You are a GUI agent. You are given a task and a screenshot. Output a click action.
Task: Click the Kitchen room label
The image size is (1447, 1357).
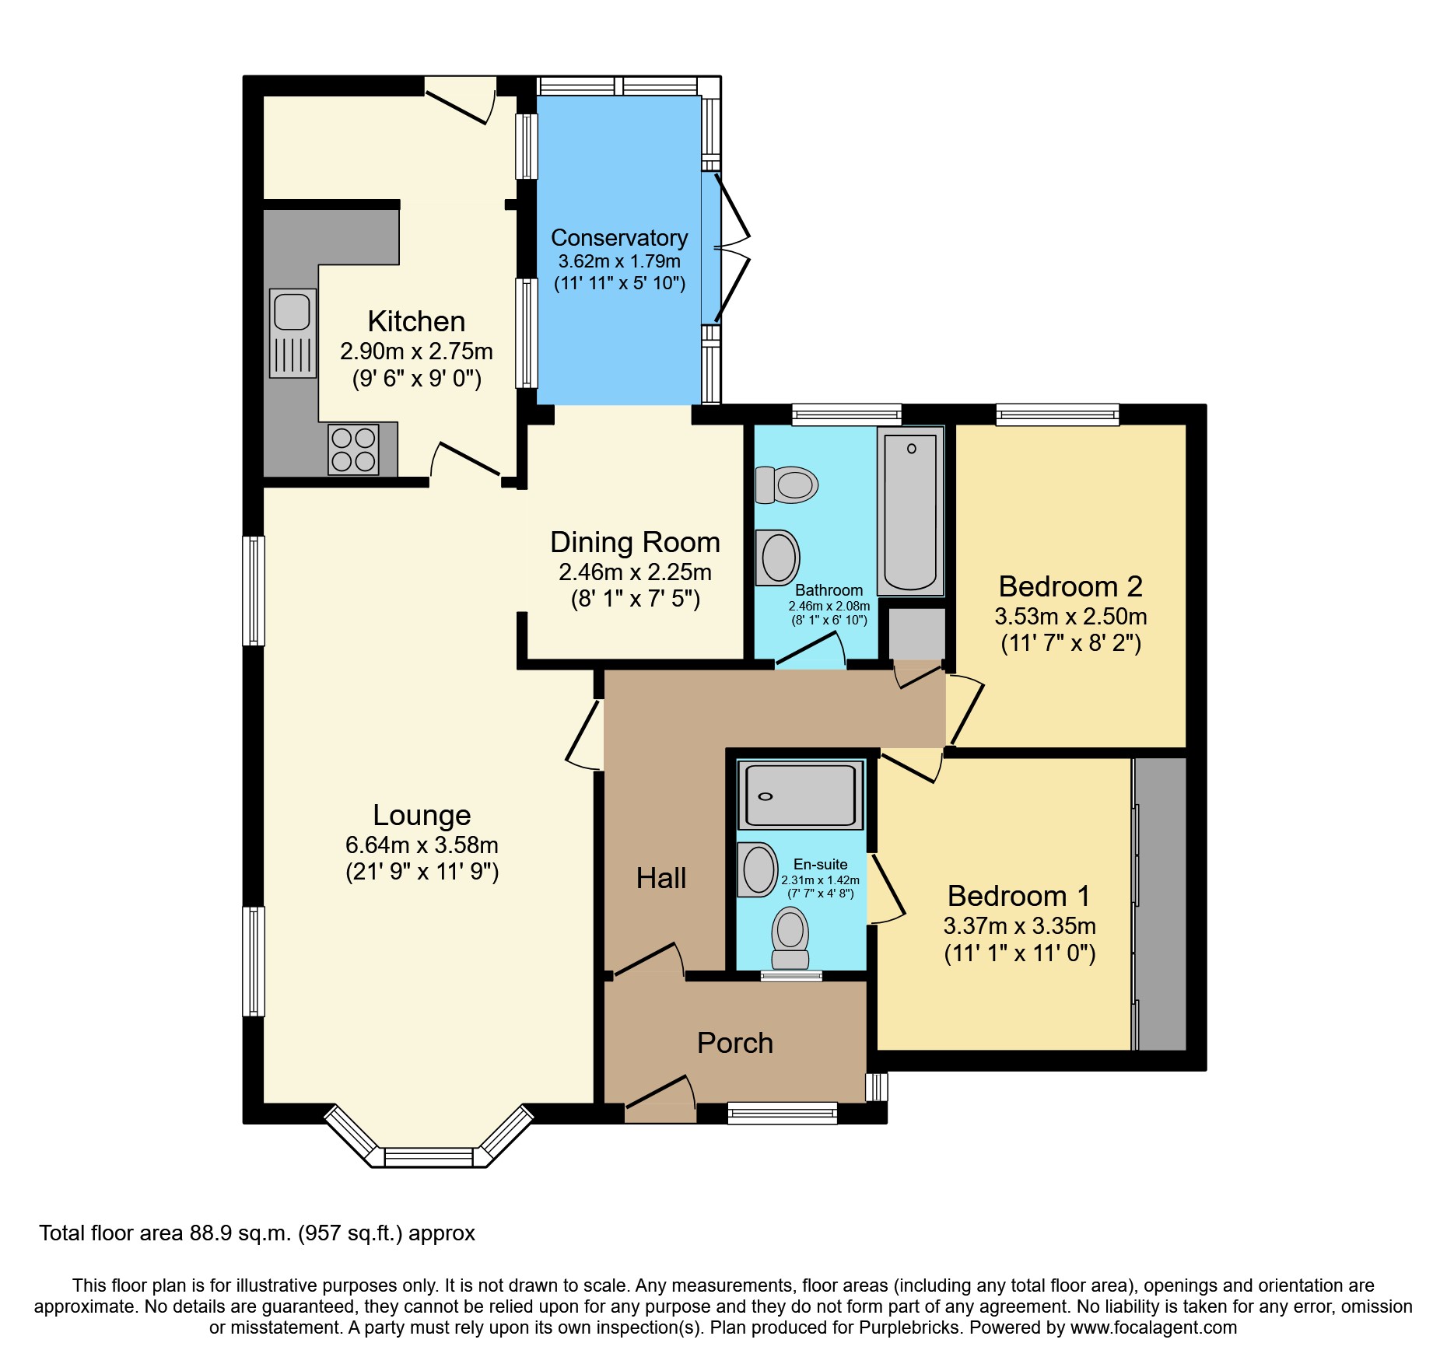[416, 321]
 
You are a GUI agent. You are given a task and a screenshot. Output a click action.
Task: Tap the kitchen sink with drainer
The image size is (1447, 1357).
[293, 333]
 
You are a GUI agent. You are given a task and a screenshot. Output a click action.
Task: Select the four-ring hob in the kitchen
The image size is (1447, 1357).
[353, 449]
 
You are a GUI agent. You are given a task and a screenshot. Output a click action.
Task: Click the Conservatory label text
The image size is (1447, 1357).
[619, 238]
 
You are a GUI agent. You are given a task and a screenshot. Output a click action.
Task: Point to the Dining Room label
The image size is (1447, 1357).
[635, 542]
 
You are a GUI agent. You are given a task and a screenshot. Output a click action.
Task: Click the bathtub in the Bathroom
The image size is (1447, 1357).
[910, 510]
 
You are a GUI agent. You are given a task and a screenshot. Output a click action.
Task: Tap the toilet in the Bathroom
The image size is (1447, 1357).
[787, 484]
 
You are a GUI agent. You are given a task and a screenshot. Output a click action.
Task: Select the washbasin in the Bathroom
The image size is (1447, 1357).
[778, 558]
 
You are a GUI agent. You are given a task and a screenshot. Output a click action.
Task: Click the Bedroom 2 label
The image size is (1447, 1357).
[1070, 586]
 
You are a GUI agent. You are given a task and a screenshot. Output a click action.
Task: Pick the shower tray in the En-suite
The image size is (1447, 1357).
[801, 795]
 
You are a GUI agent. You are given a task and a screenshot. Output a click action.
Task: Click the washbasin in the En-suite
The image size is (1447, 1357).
[758, 869]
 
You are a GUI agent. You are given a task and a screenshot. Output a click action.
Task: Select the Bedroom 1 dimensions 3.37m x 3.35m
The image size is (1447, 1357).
[1020, 926]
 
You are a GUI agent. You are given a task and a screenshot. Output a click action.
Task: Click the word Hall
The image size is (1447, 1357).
[661, 878]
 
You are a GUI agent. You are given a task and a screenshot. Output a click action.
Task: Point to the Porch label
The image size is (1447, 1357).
[735, 1043]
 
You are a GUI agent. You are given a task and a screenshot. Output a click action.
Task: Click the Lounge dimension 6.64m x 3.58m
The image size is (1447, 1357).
[422, 845]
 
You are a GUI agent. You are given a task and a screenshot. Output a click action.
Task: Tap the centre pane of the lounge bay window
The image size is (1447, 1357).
[429, 1157]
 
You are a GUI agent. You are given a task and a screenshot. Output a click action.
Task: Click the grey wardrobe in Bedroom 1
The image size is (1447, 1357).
[1160, 904]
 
